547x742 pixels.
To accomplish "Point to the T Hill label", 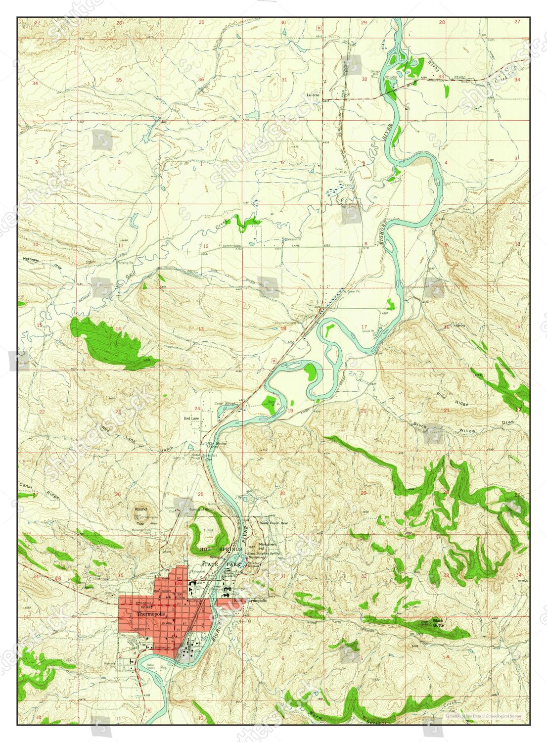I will pyautogui.click(x=208, y=530).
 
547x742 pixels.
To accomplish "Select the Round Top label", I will pyautogui.click(x=140, y=515).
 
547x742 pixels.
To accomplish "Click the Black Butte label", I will pyautogui.click(x=438, y=623).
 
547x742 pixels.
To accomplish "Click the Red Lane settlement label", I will pyautogui.click(x=191, y=418).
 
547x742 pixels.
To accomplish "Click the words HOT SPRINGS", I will pyautogui.click(x=221, y=550).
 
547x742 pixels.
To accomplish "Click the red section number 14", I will pyautogui.click(x=118, y=329).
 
